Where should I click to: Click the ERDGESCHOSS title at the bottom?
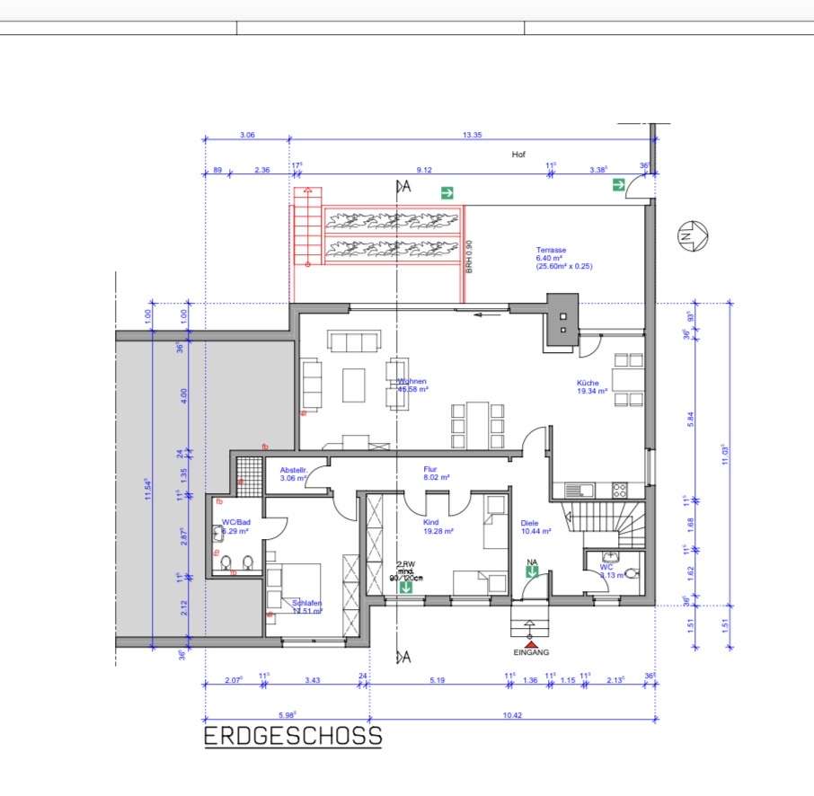293,737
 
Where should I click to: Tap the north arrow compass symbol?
694,236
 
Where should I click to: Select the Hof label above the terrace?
518,155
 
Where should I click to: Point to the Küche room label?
592,383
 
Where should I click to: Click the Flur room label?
429,469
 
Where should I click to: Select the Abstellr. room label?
294,470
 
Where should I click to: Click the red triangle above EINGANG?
531,644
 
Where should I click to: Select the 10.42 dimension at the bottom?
512,715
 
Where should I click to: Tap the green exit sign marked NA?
532,571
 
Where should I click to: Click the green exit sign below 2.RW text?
406,588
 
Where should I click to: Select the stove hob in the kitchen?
619,490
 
